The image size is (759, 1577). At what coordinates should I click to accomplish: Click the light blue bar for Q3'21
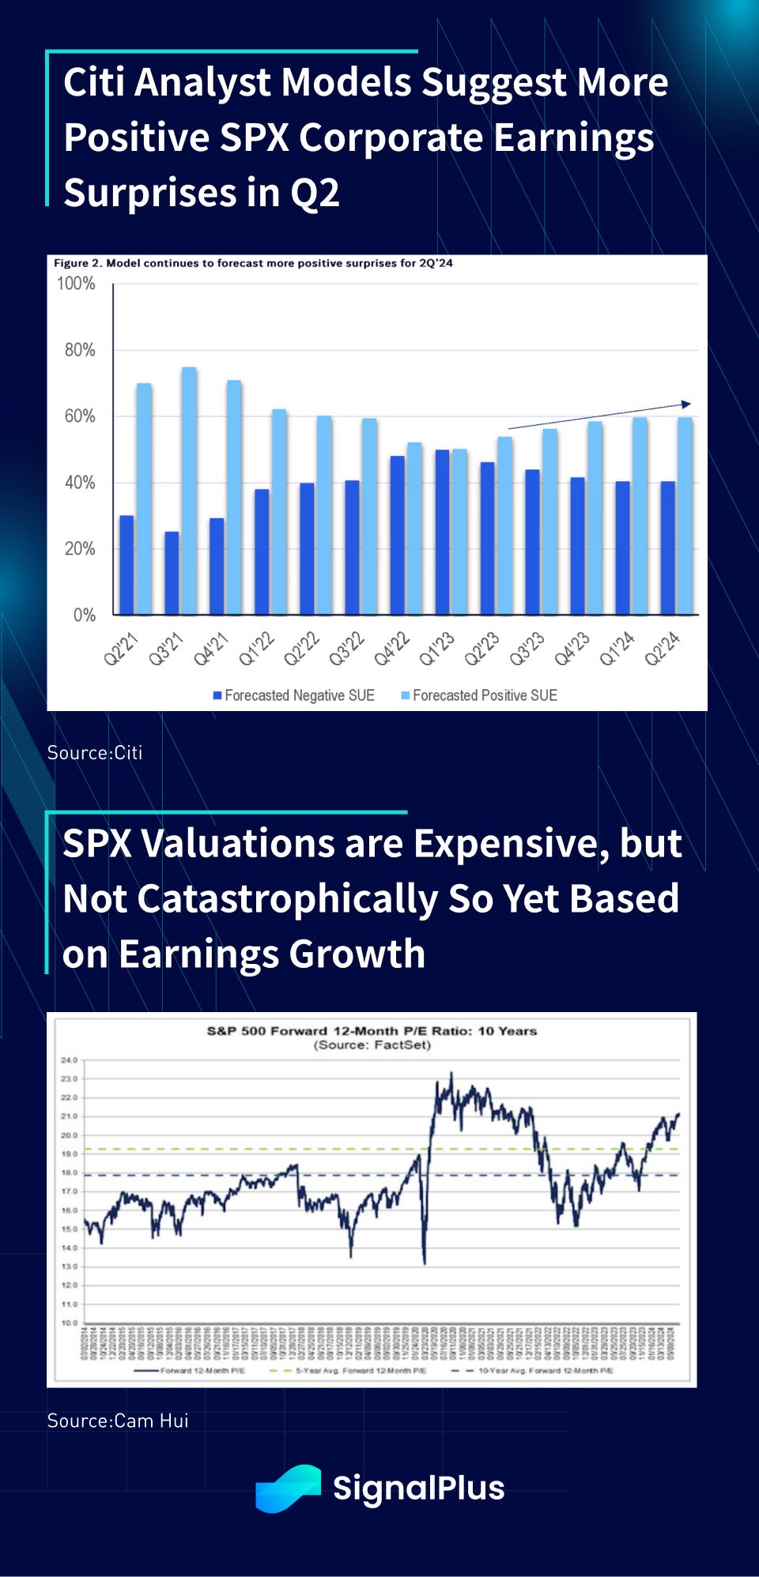(x=189, y=490)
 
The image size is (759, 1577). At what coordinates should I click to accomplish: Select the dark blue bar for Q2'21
(x=126, y=565)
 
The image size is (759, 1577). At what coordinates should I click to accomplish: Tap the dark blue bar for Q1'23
(x=442, y=532)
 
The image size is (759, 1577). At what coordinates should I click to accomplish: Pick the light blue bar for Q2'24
(x=685, y=515)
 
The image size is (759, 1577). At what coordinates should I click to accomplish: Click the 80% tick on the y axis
(x=79, y=350)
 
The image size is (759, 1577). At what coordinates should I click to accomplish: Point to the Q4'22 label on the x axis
(x=393, y=648)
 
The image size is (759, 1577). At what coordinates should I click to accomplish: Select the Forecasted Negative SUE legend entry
(x=294, y=695)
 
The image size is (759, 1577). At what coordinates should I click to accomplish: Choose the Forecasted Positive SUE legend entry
(x=480, y=695)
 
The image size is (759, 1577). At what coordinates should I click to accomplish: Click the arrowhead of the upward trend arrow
(x=686, y=405)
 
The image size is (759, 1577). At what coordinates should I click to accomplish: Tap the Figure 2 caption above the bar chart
(x=253, y=263)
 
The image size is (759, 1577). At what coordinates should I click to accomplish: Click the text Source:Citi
(x=95, y=752)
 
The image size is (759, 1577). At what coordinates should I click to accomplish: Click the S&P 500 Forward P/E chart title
(x=372, y=1031)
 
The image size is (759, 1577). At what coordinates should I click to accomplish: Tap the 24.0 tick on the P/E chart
(x=70, y=1060)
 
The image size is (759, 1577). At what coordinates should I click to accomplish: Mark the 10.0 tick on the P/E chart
(x=70, y=1323)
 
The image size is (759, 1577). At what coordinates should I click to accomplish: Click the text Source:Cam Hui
(x=118, y=1421)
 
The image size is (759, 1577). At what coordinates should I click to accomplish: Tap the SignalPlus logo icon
(x=288, y=1489)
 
